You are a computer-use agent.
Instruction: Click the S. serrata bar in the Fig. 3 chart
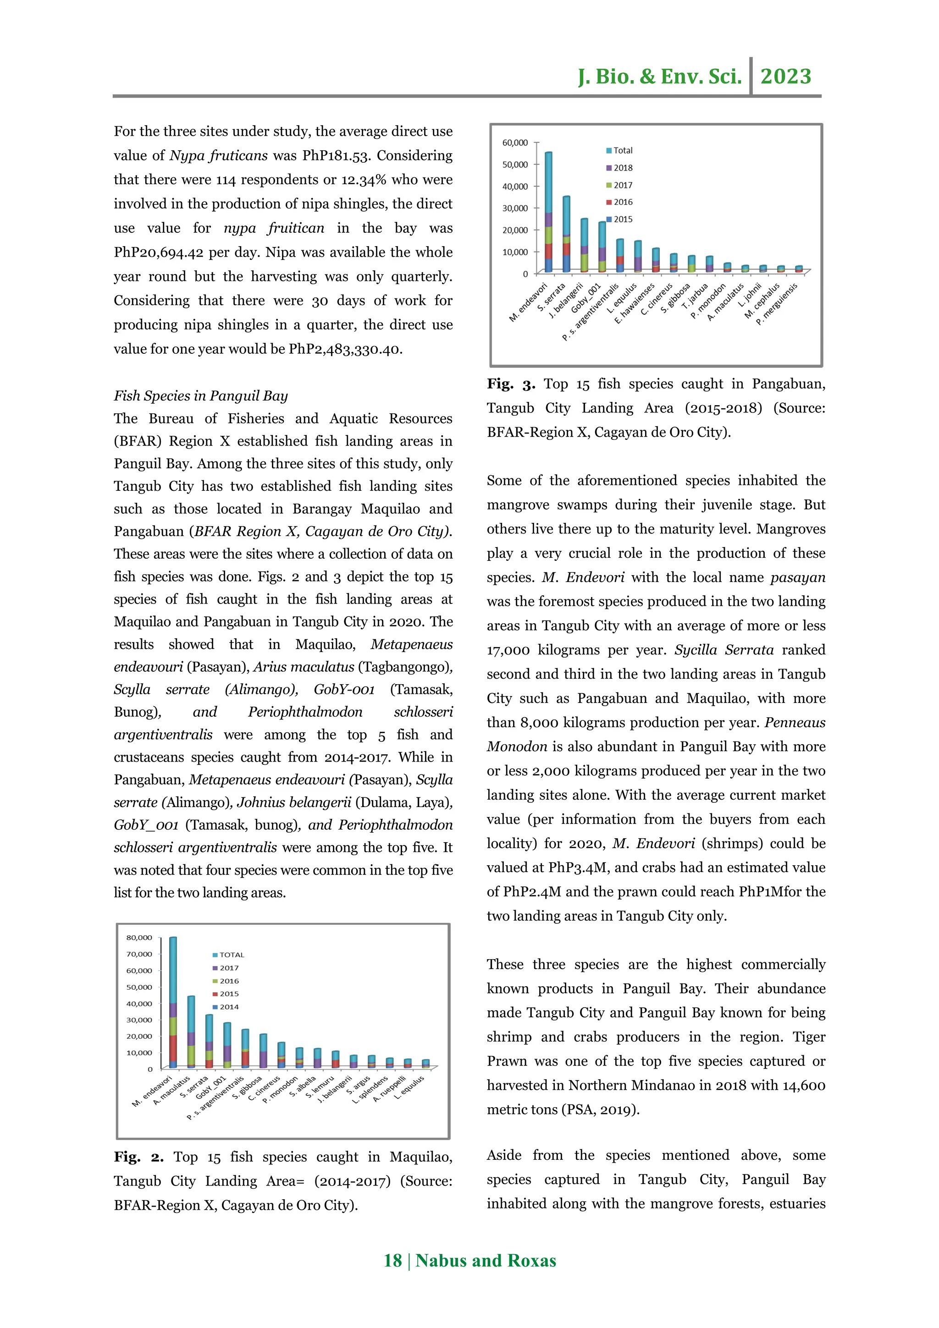pyautogui.click(x=566, y=234)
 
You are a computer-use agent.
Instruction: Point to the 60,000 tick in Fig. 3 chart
pyautogui.click(x=515, y=143)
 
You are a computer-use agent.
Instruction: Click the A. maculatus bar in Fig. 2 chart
pyautogui.click(x=191, y=1032)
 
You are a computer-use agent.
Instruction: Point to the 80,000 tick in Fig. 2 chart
pyautogui.click(x=139, y=938)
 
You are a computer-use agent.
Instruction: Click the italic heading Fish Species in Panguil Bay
pyautogui.click(x=201, y=396)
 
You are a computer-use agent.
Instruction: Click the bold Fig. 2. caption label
pyautogui.click(x=139, y=1158)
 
